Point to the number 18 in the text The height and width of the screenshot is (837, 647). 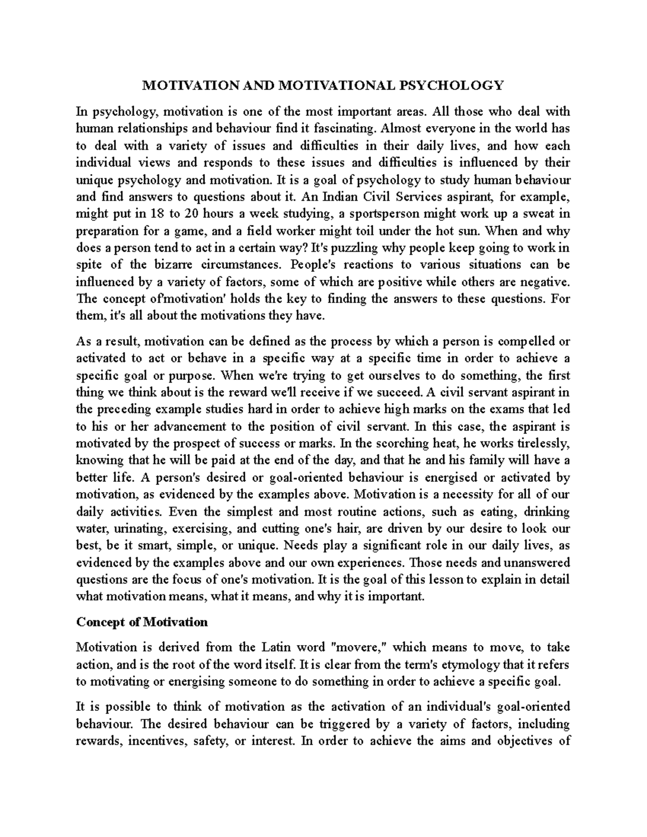[x=157, y=214]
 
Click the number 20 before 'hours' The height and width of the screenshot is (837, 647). [x=191, y=214]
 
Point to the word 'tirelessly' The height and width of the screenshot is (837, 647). [x=542, y=444]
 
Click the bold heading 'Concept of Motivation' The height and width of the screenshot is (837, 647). [x=142, y=622]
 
